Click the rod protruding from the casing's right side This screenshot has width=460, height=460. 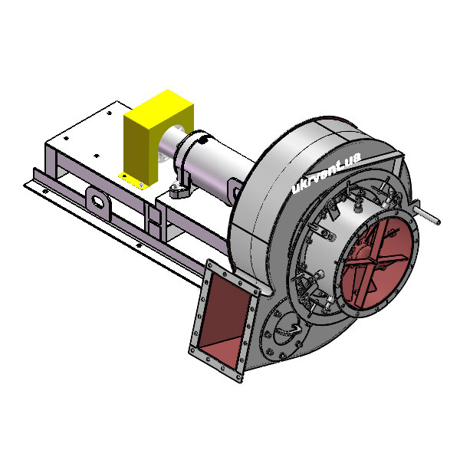pos(428,213)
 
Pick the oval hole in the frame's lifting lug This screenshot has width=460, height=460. pos(97,202)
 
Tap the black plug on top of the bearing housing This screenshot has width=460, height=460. pos(202,140)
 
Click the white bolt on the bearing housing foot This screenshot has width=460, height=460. pos(176,185)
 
